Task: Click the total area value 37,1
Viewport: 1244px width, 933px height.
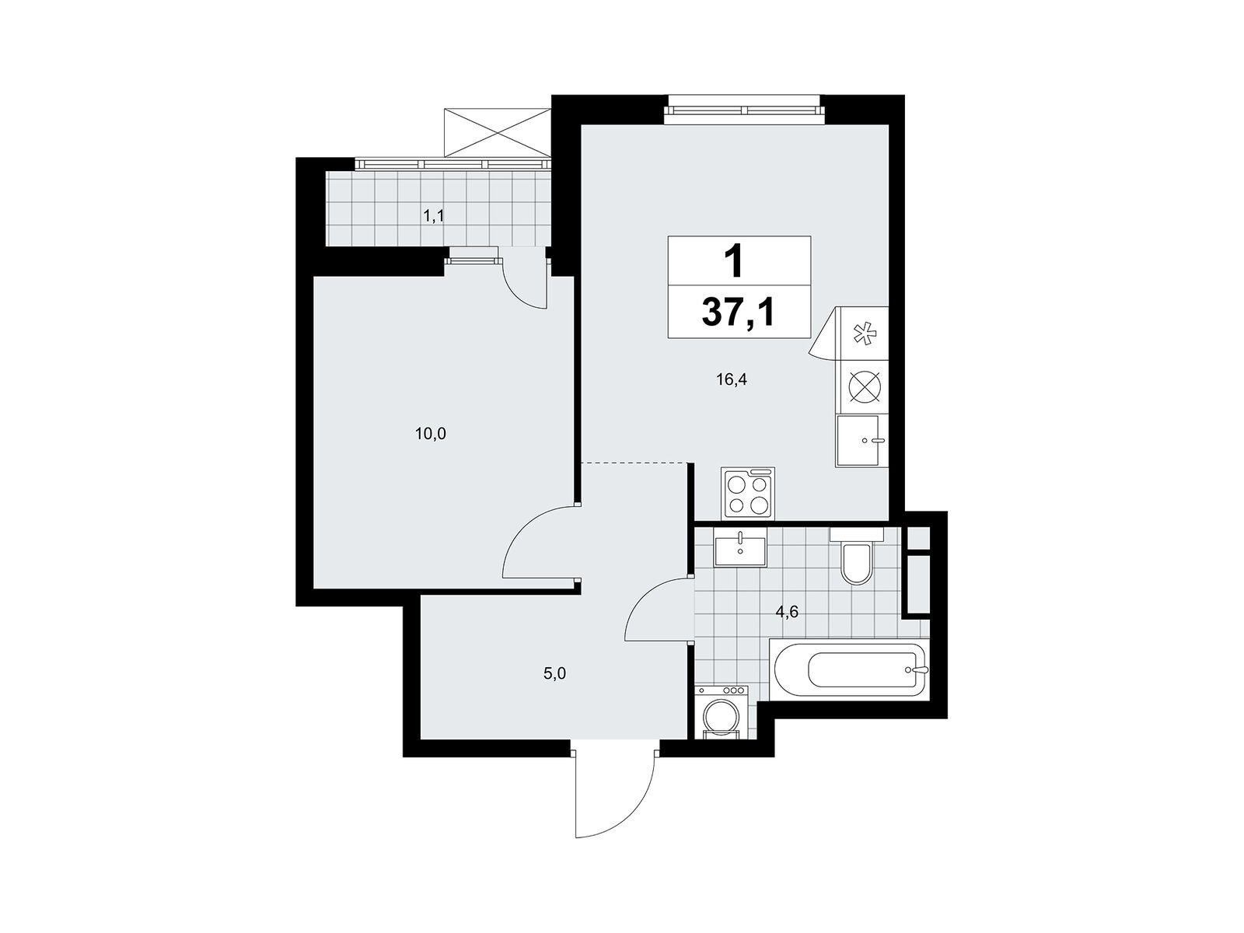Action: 738,313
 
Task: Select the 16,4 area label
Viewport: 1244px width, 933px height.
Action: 732,379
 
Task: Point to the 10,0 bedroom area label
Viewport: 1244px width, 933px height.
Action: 431,435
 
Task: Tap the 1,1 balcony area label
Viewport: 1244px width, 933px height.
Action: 434,216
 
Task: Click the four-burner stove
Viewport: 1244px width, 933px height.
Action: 747,492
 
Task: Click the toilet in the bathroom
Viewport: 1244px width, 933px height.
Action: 856,556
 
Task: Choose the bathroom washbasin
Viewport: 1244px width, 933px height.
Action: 740,551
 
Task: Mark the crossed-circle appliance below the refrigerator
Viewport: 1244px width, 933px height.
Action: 865,388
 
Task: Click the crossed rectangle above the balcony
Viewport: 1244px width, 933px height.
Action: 496,132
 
